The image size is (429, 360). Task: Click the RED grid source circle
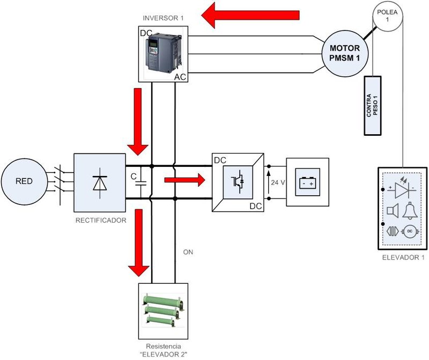(x=24, y=181)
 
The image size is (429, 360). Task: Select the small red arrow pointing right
(x=184, y=181)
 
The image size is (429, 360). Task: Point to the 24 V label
(x=278, y=182)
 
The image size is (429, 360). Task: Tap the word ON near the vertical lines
(x=188, y=251)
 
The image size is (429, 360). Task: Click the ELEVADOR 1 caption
(x=404, y=258)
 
